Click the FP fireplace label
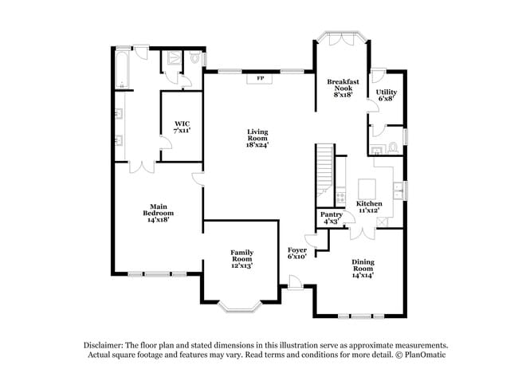[261, 78]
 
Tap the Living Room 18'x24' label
[257, 138]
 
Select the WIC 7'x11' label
[182, 127]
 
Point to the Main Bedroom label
[159, 213]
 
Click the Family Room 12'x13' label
[241, 259]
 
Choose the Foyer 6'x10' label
[297, 253]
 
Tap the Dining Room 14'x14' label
[363, 269]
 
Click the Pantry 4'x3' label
[332, 218]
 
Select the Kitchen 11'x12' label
[369, 207]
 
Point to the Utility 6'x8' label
[387, 95]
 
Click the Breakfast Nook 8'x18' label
[343, 88]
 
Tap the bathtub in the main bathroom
[122, 69]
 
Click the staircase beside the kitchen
[324, 175]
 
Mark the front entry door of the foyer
[294, 282]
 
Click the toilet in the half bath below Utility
[393, 147]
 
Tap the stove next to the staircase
[340, 197]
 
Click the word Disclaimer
[104, 345]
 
